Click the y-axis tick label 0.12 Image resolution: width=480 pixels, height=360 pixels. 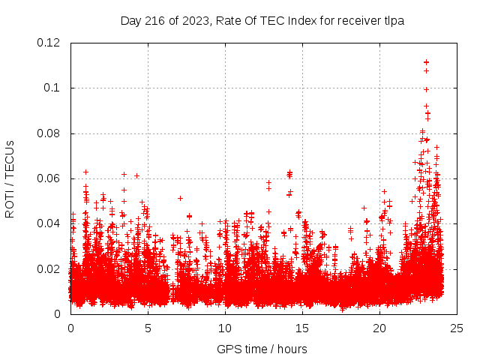pos(49,43)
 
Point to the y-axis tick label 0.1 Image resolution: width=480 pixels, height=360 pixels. pos(54,88)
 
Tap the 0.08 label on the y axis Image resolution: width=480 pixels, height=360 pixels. pos(49,133)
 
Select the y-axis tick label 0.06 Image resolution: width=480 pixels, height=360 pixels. pos(49,178)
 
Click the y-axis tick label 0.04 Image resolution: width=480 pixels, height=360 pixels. pos(49,223)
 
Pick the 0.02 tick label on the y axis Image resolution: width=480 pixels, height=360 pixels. pos(49,269)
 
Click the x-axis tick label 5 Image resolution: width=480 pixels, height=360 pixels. pos(148,328)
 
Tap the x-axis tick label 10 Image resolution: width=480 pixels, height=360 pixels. pos(225,328)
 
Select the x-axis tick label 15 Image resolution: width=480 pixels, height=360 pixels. pos(302,328)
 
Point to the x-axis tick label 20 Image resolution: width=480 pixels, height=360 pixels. pos(379,328)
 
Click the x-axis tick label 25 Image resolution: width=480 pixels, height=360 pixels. pos(457,328)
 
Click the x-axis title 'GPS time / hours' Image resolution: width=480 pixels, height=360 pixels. pos(262,349)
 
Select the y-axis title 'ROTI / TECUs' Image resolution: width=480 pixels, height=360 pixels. pos(10,178)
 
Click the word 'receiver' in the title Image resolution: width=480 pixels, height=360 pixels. pos(358,21)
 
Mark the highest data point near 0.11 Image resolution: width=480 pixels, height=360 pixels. pos(426,62)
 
